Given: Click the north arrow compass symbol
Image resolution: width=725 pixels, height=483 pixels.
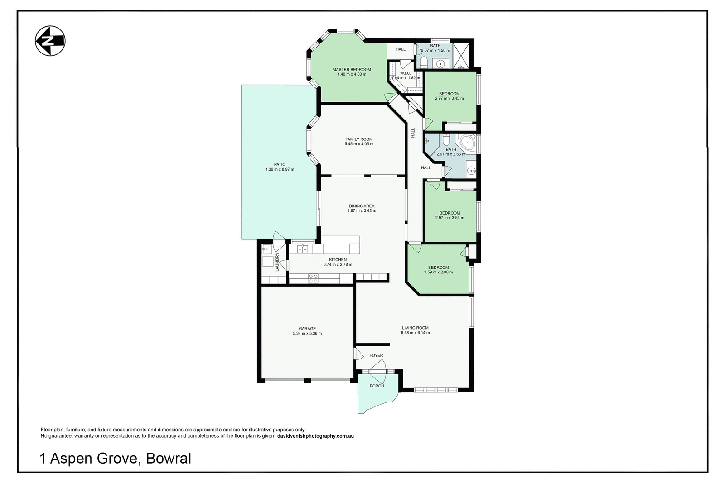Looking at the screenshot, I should coord(50,41).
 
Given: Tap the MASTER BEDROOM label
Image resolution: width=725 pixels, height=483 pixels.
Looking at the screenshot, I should coord(352,70).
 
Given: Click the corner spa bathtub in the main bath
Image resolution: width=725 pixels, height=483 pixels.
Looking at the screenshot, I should coord(467,144).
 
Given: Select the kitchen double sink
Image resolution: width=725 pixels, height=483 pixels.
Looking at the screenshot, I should coord(302,249).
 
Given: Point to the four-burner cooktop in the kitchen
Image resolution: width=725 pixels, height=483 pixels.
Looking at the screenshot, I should coord(313,278).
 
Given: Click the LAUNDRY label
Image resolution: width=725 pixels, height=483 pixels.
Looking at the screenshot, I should coord(277,262).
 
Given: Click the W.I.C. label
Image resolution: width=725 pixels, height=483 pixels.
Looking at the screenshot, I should coord(405,73).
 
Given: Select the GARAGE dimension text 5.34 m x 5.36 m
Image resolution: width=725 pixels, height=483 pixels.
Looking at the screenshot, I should coord(307,334).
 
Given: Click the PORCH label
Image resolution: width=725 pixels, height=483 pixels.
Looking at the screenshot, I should coord(377,386).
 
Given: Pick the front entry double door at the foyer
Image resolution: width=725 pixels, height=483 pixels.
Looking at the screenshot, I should coord(377,371).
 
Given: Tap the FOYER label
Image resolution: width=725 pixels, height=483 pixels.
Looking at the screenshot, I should coord(376,356).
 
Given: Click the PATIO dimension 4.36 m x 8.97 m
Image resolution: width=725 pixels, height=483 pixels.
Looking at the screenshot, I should coord(280,170).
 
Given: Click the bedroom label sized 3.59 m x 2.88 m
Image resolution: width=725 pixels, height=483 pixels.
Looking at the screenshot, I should coord(438,268).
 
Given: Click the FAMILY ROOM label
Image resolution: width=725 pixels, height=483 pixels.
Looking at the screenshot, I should coord(359,139).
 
